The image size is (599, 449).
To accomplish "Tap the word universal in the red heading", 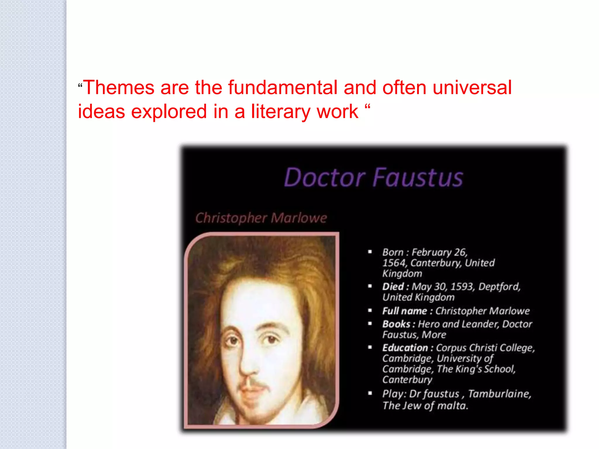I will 472,87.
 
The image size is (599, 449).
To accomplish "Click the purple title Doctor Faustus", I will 373,177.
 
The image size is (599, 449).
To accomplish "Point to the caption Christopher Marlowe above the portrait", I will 261,218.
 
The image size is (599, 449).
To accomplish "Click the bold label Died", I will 393,286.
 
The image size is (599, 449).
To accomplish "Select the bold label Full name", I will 405,311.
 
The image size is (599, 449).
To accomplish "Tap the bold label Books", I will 396,324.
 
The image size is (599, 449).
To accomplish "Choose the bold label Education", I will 405,348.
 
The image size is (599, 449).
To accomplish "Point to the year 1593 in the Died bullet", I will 462,286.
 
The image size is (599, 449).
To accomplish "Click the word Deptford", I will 499,286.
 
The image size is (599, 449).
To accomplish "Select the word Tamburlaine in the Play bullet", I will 499,394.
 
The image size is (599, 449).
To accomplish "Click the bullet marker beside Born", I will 370,252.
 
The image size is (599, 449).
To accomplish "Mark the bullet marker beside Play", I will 370,393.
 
